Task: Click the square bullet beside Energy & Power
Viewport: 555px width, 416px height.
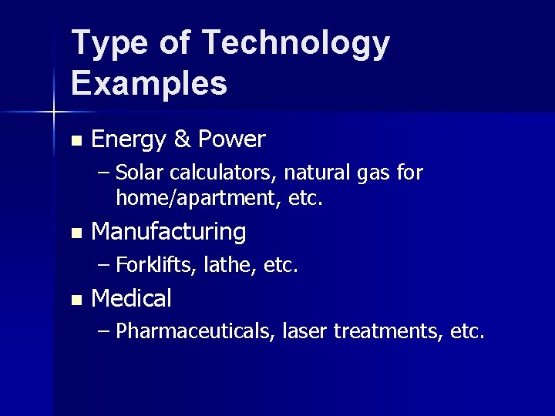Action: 74,142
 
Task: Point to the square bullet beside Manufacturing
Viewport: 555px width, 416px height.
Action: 74,233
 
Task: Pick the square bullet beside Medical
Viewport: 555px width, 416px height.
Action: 74,300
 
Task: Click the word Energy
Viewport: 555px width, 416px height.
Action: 127,140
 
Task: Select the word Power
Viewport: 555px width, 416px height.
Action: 232,139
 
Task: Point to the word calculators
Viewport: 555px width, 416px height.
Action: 207,172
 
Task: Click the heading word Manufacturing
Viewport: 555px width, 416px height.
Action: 169,231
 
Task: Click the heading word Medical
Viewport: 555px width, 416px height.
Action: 131,297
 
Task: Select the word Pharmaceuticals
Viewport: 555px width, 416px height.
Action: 196,332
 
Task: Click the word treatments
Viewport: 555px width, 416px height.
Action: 387,332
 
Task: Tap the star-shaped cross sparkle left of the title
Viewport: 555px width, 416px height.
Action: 54,112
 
